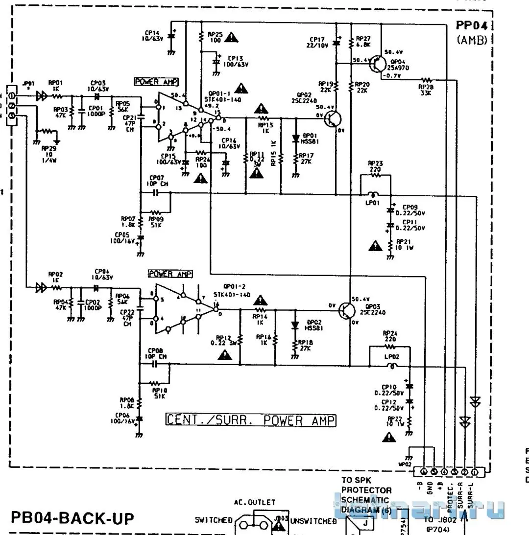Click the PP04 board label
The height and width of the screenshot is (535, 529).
click(472, 26)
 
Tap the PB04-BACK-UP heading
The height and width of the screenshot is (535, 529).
click(72, 518)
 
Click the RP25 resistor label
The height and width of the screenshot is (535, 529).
click(215, 37)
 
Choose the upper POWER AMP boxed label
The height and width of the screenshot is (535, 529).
click(156, 82)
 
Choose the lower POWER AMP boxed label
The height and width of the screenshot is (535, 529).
click(170, 274)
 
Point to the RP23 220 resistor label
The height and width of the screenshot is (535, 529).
click(375, 166)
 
